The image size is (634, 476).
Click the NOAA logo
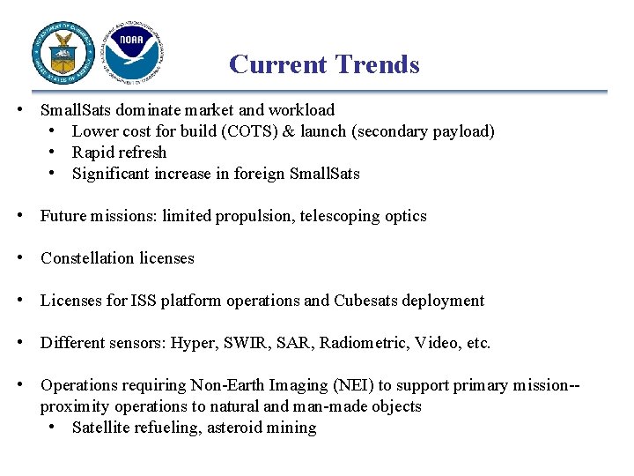(132, 53)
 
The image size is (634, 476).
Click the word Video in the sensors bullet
(433, 343)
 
